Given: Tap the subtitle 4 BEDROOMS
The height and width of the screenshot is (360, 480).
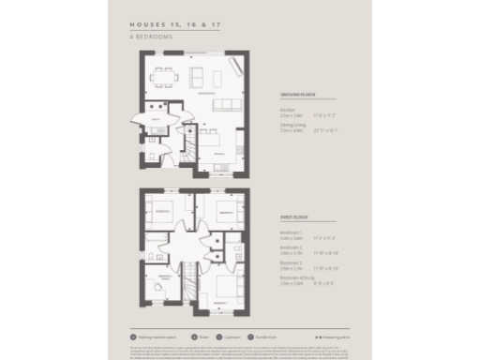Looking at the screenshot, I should (153, 36).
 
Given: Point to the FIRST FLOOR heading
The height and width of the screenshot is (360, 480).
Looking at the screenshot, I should (292, 217).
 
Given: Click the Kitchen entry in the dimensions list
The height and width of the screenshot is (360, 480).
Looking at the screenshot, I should (288, 111).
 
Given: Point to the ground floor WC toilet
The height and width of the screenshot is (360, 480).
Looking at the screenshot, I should (152, 153).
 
